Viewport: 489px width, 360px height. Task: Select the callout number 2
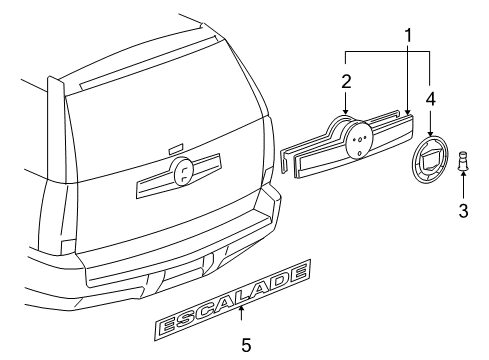[x=346, y=79]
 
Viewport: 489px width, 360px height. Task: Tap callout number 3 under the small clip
[x=463, y=210]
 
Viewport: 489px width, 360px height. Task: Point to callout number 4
[x=431, y=98]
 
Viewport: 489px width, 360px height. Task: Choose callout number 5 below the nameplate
[x=245, y=345]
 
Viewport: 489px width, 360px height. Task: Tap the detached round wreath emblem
[x=432, y=167]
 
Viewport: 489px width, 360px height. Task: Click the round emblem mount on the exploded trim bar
[x=355, y=143]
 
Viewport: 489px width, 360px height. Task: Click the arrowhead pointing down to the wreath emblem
[x=431, y=132]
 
